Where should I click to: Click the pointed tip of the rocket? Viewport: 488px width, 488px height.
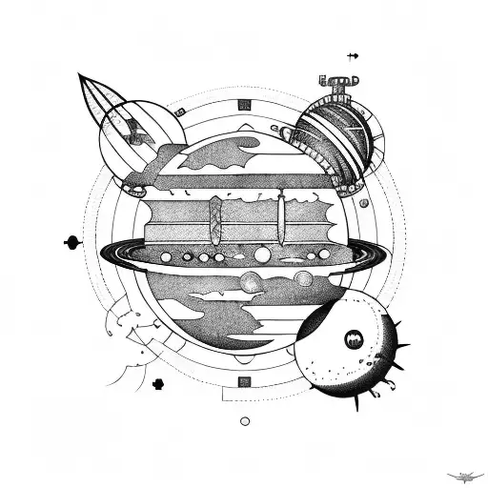coord(81,75)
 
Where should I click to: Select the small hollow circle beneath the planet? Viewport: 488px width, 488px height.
coord(245,420)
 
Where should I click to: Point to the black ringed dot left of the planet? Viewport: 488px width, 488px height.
coord(72,242)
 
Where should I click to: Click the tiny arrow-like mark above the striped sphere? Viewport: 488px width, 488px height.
coord(353,56)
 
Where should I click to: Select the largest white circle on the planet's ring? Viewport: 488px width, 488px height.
coord(261,254)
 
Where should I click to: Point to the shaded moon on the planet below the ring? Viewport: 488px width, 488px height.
coord(252,281)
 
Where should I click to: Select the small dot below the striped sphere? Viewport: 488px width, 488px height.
coord(364,203)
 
